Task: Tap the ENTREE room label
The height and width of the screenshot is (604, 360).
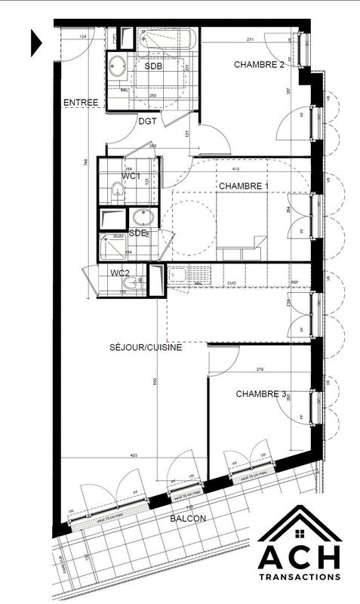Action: pyautogui.click(x=79, y=103)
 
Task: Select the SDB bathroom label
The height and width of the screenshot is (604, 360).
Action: pyautogui.click(x=154, y=66)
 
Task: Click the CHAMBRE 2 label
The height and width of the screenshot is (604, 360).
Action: pyautogui.click(x=258, y=65)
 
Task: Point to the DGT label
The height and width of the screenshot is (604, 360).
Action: pyautogui.click(x=147, y=120)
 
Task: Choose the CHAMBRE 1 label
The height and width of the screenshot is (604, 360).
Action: pyautogui.click(x=243, y=185)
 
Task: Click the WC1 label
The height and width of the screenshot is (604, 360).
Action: pyautogui.click(x=133, y=176)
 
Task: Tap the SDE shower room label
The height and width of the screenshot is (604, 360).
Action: pyautogui.click(x=138, y=232)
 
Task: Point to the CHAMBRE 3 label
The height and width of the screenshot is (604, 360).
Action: pyautogui.click(x=261, y=393)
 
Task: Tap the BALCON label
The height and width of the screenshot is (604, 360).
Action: pyautogui.click(x=186, y=519)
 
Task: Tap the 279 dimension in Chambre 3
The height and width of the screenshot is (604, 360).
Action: pyautogui.click(x=260, y=369)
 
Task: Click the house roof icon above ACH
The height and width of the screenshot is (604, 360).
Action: pyautogui.click(x=300, y=522)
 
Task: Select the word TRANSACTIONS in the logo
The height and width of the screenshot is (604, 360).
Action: pyautogui.click(x=299, y=575)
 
